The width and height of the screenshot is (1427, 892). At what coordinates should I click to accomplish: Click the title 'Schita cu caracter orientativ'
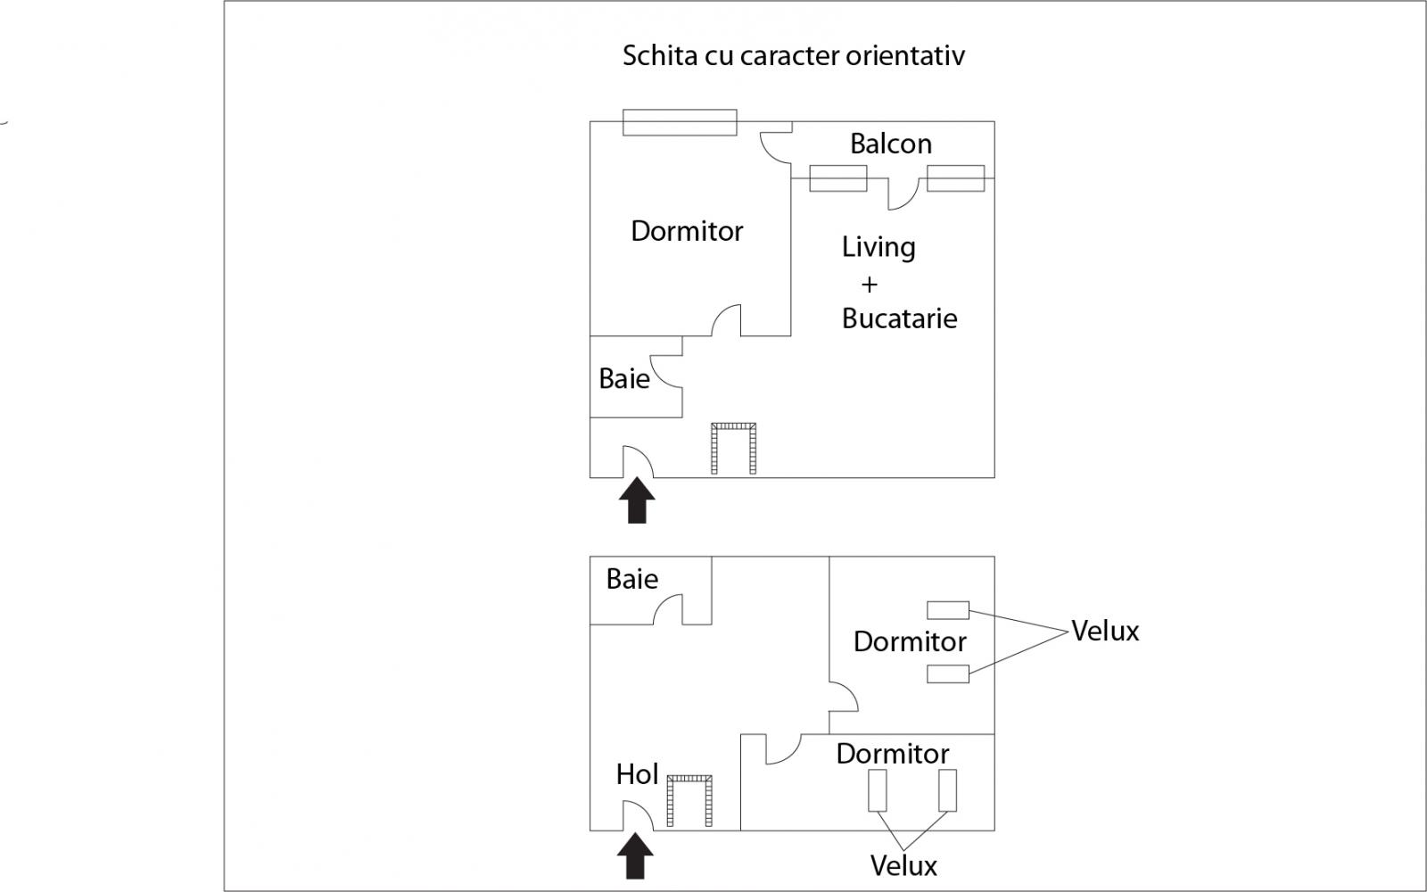point(793,56)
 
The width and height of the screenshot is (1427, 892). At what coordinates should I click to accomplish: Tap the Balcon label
point(890,144)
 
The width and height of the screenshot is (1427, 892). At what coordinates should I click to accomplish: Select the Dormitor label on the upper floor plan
point(687,231)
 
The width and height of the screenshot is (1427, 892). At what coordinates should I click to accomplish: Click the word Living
point(878,247)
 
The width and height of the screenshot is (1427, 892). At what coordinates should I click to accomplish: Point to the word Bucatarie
point(899,318)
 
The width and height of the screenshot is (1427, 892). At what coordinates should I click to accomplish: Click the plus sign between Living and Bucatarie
point(869,285)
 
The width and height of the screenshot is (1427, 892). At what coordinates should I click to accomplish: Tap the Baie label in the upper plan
point(623,379)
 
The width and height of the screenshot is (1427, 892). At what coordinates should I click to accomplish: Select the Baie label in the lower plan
point(631,579)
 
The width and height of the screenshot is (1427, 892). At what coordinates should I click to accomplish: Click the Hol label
point(637,774)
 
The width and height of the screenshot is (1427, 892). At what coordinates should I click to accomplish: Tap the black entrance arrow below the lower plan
point(635,855)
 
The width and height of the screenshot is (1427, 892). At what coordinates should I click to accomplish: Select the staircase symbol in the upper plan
point(733,449)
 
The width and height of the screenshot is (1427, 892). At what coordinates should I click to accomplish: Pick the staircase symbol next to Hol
point(689,800)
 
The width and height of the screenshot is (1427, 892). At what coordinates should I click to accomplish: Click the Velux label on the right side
point(1105,632)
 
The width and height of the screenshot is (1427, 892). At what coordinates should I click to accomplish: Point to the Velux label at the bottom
point(903,865)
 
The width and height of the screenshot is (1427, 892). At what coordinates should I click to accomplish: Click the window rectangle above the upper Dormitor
point(680,122)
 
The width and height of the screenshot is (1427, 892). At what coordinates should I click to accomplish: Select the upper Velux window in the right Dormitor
point(947,610)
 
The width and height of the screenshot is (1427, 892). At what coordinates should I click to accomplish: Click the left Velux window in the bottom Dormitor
point(878,790)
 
